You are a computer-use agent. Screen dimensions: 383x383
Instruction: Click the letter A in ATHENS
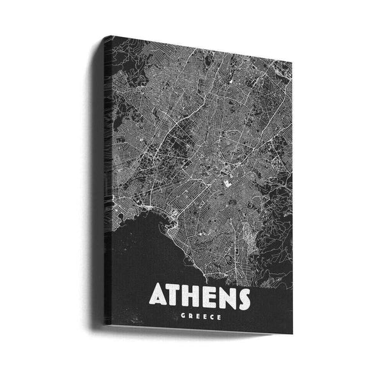point(160,296)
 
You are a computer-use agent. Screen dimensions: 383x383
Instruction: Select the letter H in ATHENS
point(195,296)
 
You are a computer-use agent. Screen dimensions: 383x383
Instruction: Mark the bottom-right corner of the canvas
point(292,333)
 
